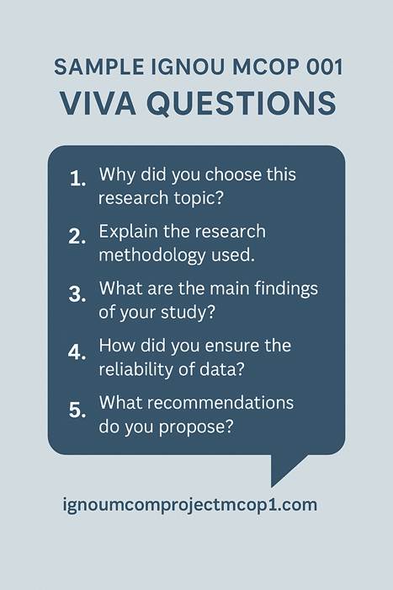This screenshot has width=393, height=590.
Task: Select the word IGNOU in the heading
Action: tap(160, 66)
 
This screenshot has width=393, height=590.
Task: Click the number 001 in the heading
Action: tap(314, 66)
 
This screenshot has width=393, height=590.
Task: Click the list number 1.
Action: tap(77, 179)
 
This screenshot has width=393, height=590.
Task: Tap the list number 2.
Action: tap(78, 237)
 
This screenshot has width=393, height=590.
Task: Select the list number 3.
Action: tap(78, 294)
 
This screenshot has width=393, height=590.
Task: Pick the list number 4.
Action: tap(78, 351)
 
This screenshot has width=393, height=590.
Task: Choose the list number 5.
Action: tap(78, 410)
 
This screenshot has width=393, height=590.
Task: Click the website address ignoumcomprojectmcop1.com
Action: tap(190, 505)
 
